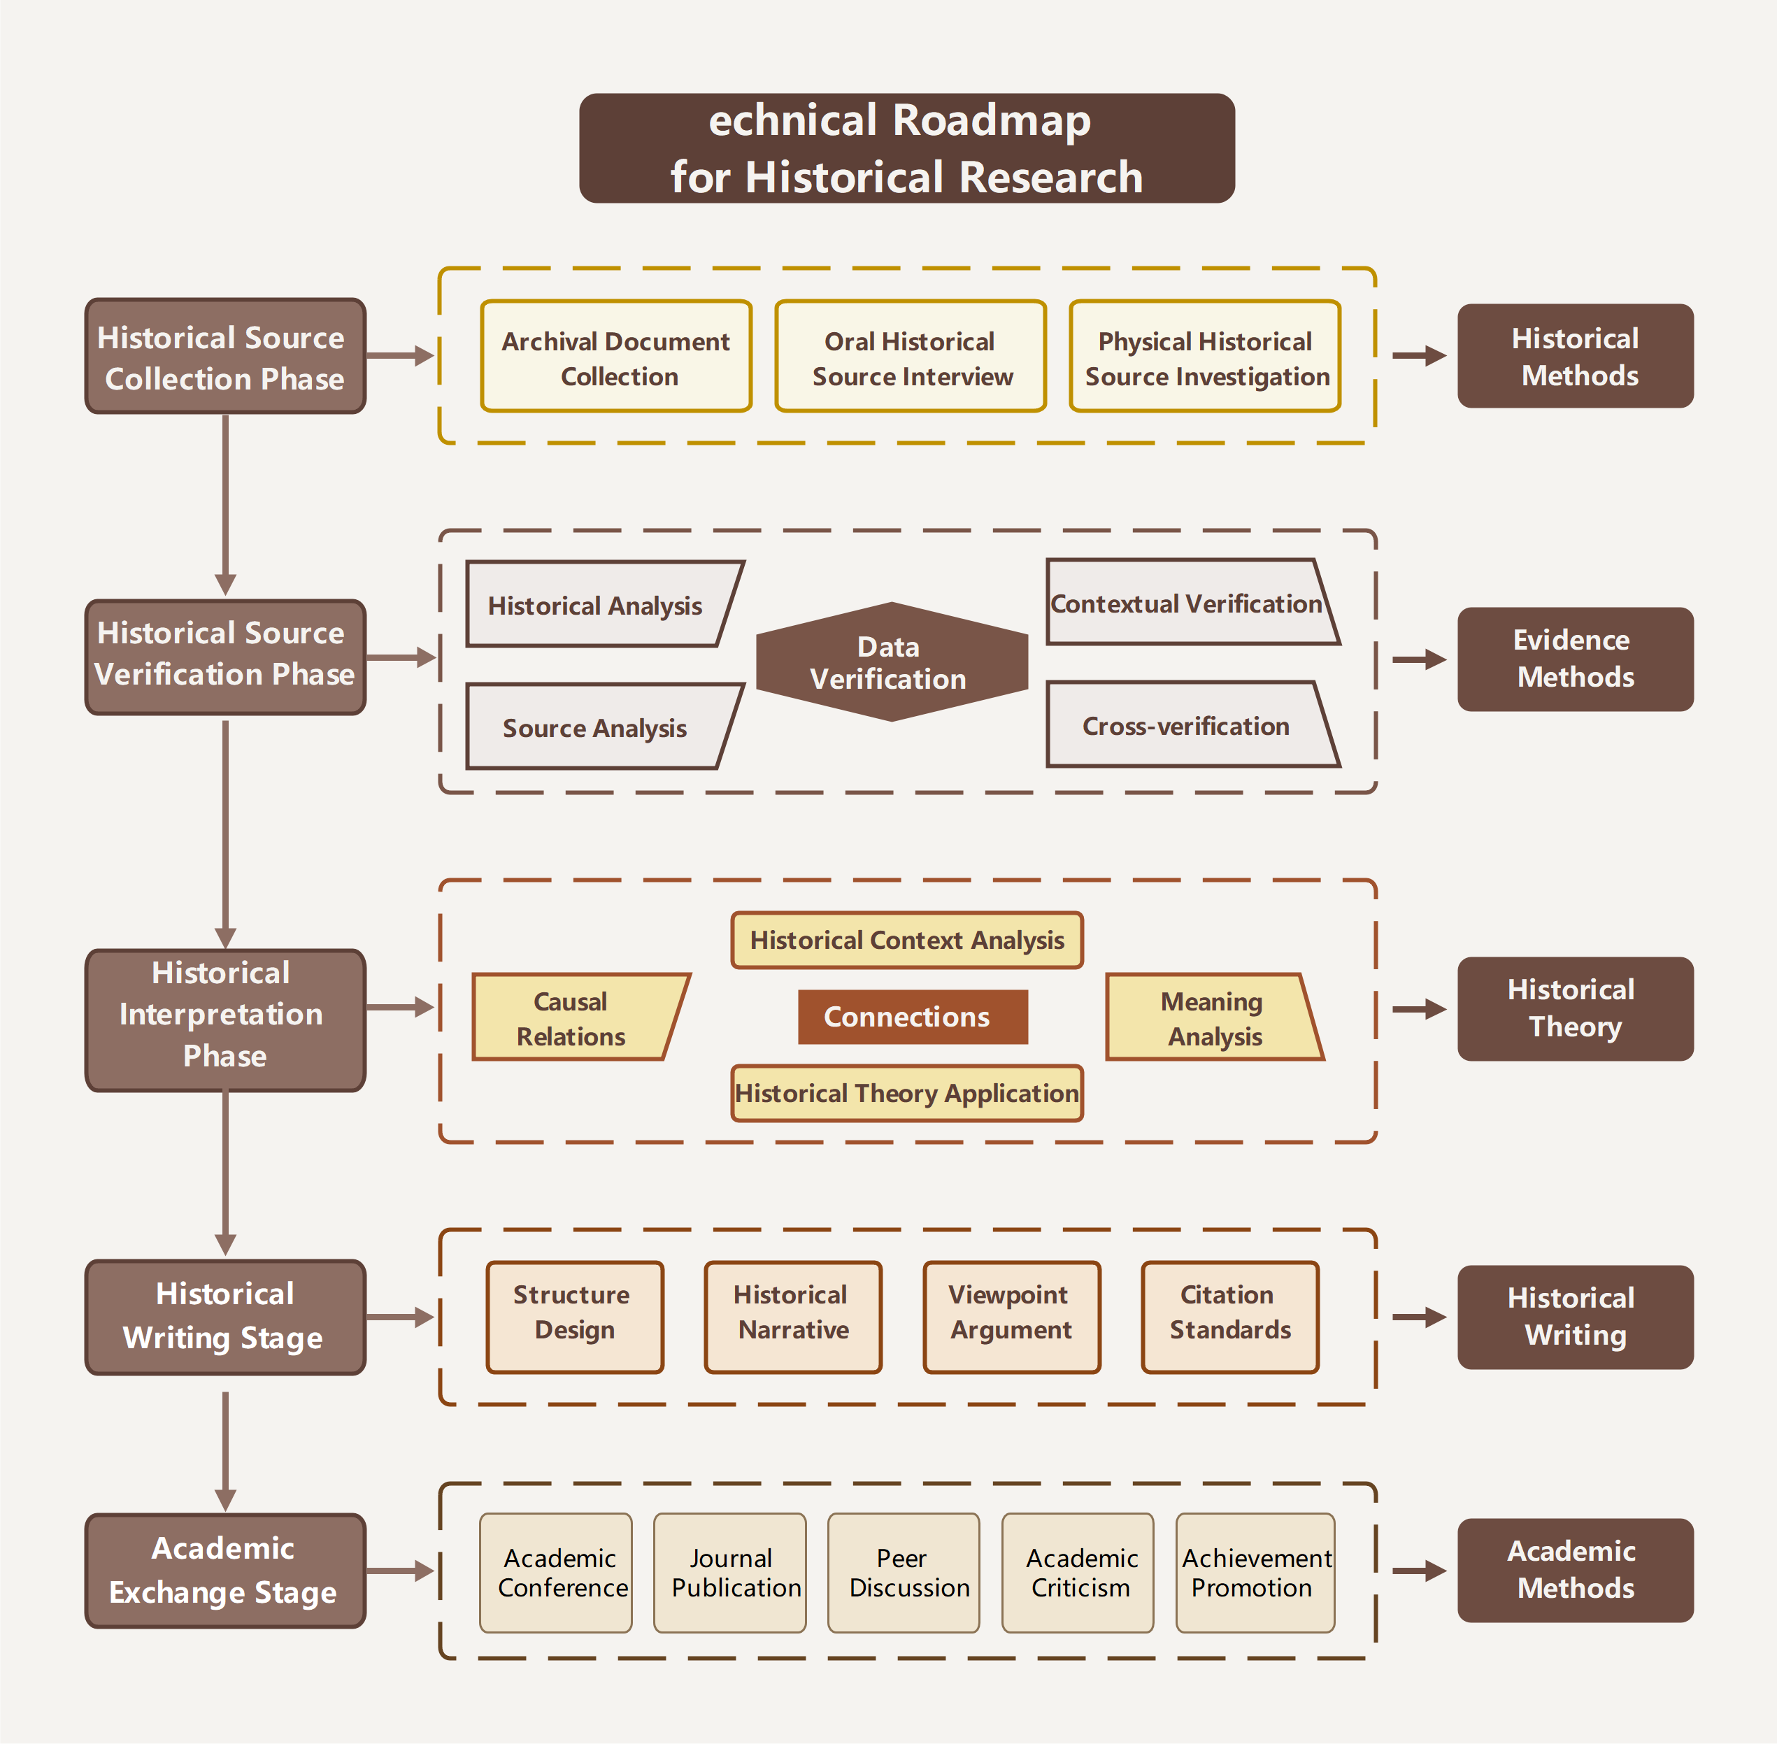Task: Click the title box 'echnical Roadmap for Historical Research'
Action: [907, 148]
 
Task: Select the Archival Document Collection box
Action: [615, 357]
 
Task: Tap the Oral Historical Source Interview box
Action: [911, 357]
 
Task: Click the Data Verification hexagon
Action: [891, 662]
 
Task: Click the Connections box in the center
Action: [913, 1017]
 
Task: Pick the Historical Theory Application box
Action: [907, 1093]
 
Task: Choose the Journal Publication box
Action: [730, 1573]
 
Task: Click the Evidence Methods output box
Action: [1575, 659]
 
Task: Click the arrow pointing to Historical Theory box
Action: [1419, 1009]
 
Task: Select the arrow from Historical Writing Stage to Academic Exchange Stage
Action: [225, 1452]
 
